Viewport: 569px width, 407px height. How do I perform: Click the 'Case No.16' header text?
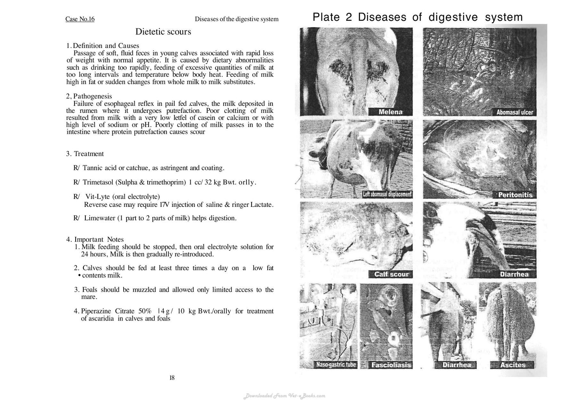80,19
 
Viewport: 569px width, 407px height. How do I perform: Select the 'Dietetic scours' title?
163,32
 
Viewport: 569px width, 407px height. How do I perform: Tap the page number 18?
172,378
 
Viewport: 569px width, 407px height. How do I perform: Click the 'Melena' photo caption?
390,112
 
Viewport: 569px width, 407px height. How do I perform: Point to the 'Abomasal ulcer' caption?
515,112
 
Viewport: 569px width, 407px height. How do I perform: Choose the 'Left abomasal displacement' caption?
387,194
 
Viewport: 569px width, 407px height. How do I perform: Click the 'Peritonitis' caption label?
515,195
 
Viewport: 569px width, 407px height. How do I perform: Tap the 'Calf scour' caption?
391,274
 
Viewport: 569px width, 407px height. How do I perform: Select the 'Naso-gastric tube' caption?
336,365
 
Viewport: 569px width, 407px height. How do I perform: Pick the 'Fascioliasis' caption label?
391,365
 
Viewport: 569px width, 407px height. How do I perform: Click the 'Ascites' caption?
512,365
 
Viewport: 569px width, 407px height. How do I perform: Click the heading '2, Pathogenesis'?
89,96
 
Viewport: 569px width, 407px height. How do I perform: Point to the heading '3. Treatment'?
85,154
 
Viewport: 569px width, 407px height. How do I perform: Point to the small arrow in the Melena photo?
385,81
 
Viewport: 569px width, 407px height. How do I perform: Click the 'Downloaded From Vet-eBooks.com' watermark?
284,396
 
